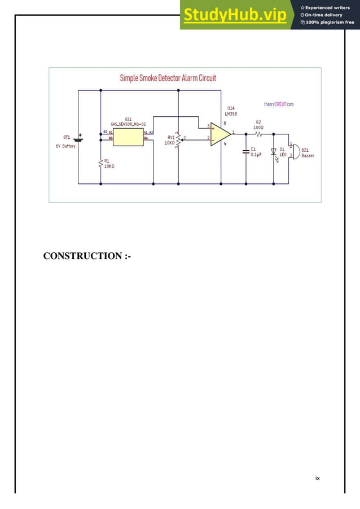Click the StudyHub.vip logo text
pos(234,15)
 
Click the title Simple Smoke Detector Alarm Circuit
pos(168,78)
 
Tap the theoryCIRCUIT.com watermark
pos(279,104)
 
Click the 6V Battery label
pos(65,146)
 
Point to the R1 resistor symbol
pos(100,164)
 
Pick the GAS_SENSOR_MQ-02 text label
pos(128,124)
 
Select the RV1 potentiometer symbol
pos(178,139)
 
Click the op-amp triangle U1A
pos(220,134)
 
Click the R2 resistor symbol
pos(258,134)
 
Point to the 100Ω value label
pos(258,127)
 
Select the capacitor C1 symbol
pos(246,151)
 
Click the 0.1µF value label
pos(256,155)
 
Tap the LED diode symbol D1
pos(274,152)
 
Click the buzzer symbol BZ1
pos(294,151)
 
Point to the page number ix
pos(317,478)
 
